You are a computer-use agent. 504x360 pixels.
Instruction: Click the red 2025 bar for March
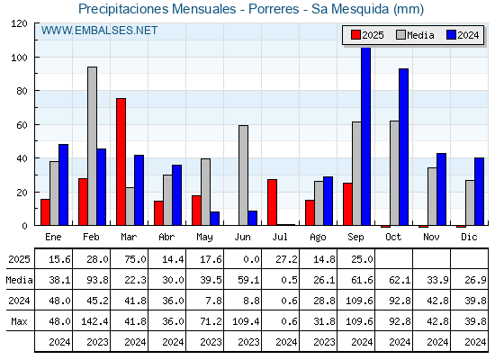121,162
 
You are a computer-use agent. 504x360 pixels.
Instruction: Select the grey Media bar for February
92,146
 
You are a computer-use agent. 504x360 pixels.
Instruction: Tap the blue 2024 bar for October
404,147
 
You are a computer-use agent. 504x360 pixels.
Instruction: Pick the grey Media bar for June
243,175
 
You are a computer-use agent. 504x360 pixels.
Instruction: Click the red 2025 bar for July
272,202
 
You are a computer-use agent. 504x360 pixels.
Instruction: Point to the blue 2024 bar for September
365,136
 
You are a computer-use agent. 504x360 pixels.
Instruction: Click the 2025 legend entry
367,35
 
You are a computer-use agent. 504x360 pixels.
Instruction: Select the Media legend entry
415,35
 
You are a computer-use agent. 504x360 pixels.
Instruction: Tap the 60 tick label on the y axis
22,125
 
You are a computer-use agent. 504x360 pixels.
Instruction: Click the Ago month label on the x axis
318,238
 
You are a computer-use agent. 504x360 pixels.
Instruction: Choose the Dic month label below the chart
469,237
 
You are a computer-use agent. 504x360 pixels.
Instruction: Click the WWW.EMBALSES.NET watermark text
99,31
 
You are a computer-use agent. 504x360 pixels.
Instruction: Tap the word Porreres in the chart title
274,9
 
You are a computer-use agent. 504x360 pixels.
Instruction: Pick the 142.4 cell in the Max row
94,321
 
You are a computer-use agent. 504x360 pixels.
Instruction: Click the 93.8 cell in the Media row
97,280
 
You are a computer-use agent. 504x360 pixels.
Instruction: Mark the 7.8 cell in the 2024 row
213,301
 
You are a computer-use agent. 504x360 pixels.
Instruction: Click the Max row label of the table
19,321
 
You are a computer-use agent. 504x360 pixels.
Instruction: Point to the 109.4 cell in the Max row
247,321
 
